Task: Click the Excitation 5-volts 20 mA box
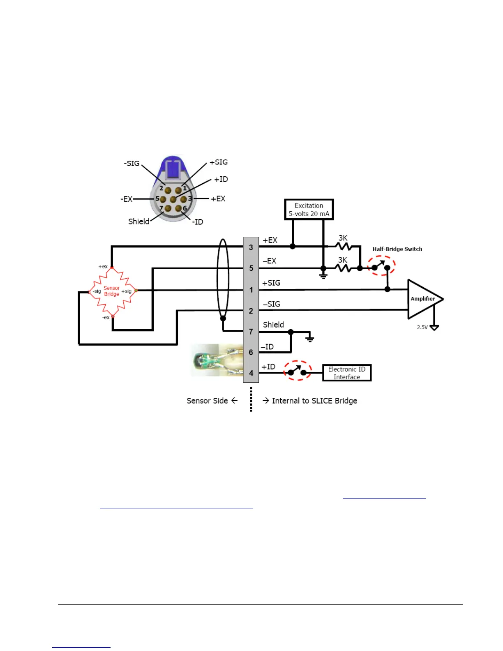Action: point(309,210)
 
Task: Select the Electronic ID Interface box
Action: point(346,373)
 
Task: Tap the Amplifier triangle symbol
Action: point(423,299)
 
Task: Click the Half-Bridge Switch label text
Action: point(397,249)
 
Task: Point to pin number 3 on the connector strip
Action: point(251,247)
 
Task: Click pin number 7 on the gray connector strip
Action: point(251,332)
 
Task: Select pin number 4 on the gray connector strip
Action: point(251,373)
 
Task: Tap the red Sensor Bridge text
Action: point(112,291)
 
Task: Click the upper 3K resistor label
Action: point(343,238)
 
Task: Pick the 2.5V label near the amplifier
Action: point(422,328)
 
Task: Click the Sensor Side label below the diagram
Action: point(207,401)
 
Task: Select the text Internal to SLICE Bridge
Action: point(314,401)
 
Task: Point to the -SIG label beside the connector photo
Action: point(132,163)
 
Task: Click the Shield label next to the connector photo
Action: point(138,222)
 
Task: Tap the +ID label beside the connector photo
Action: point(221,179)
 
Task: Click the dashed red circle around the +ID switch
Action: point(298,371)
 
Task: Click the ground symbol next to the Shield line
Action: point(310,339)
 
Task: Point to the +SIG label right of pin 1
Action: point(271,283)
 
